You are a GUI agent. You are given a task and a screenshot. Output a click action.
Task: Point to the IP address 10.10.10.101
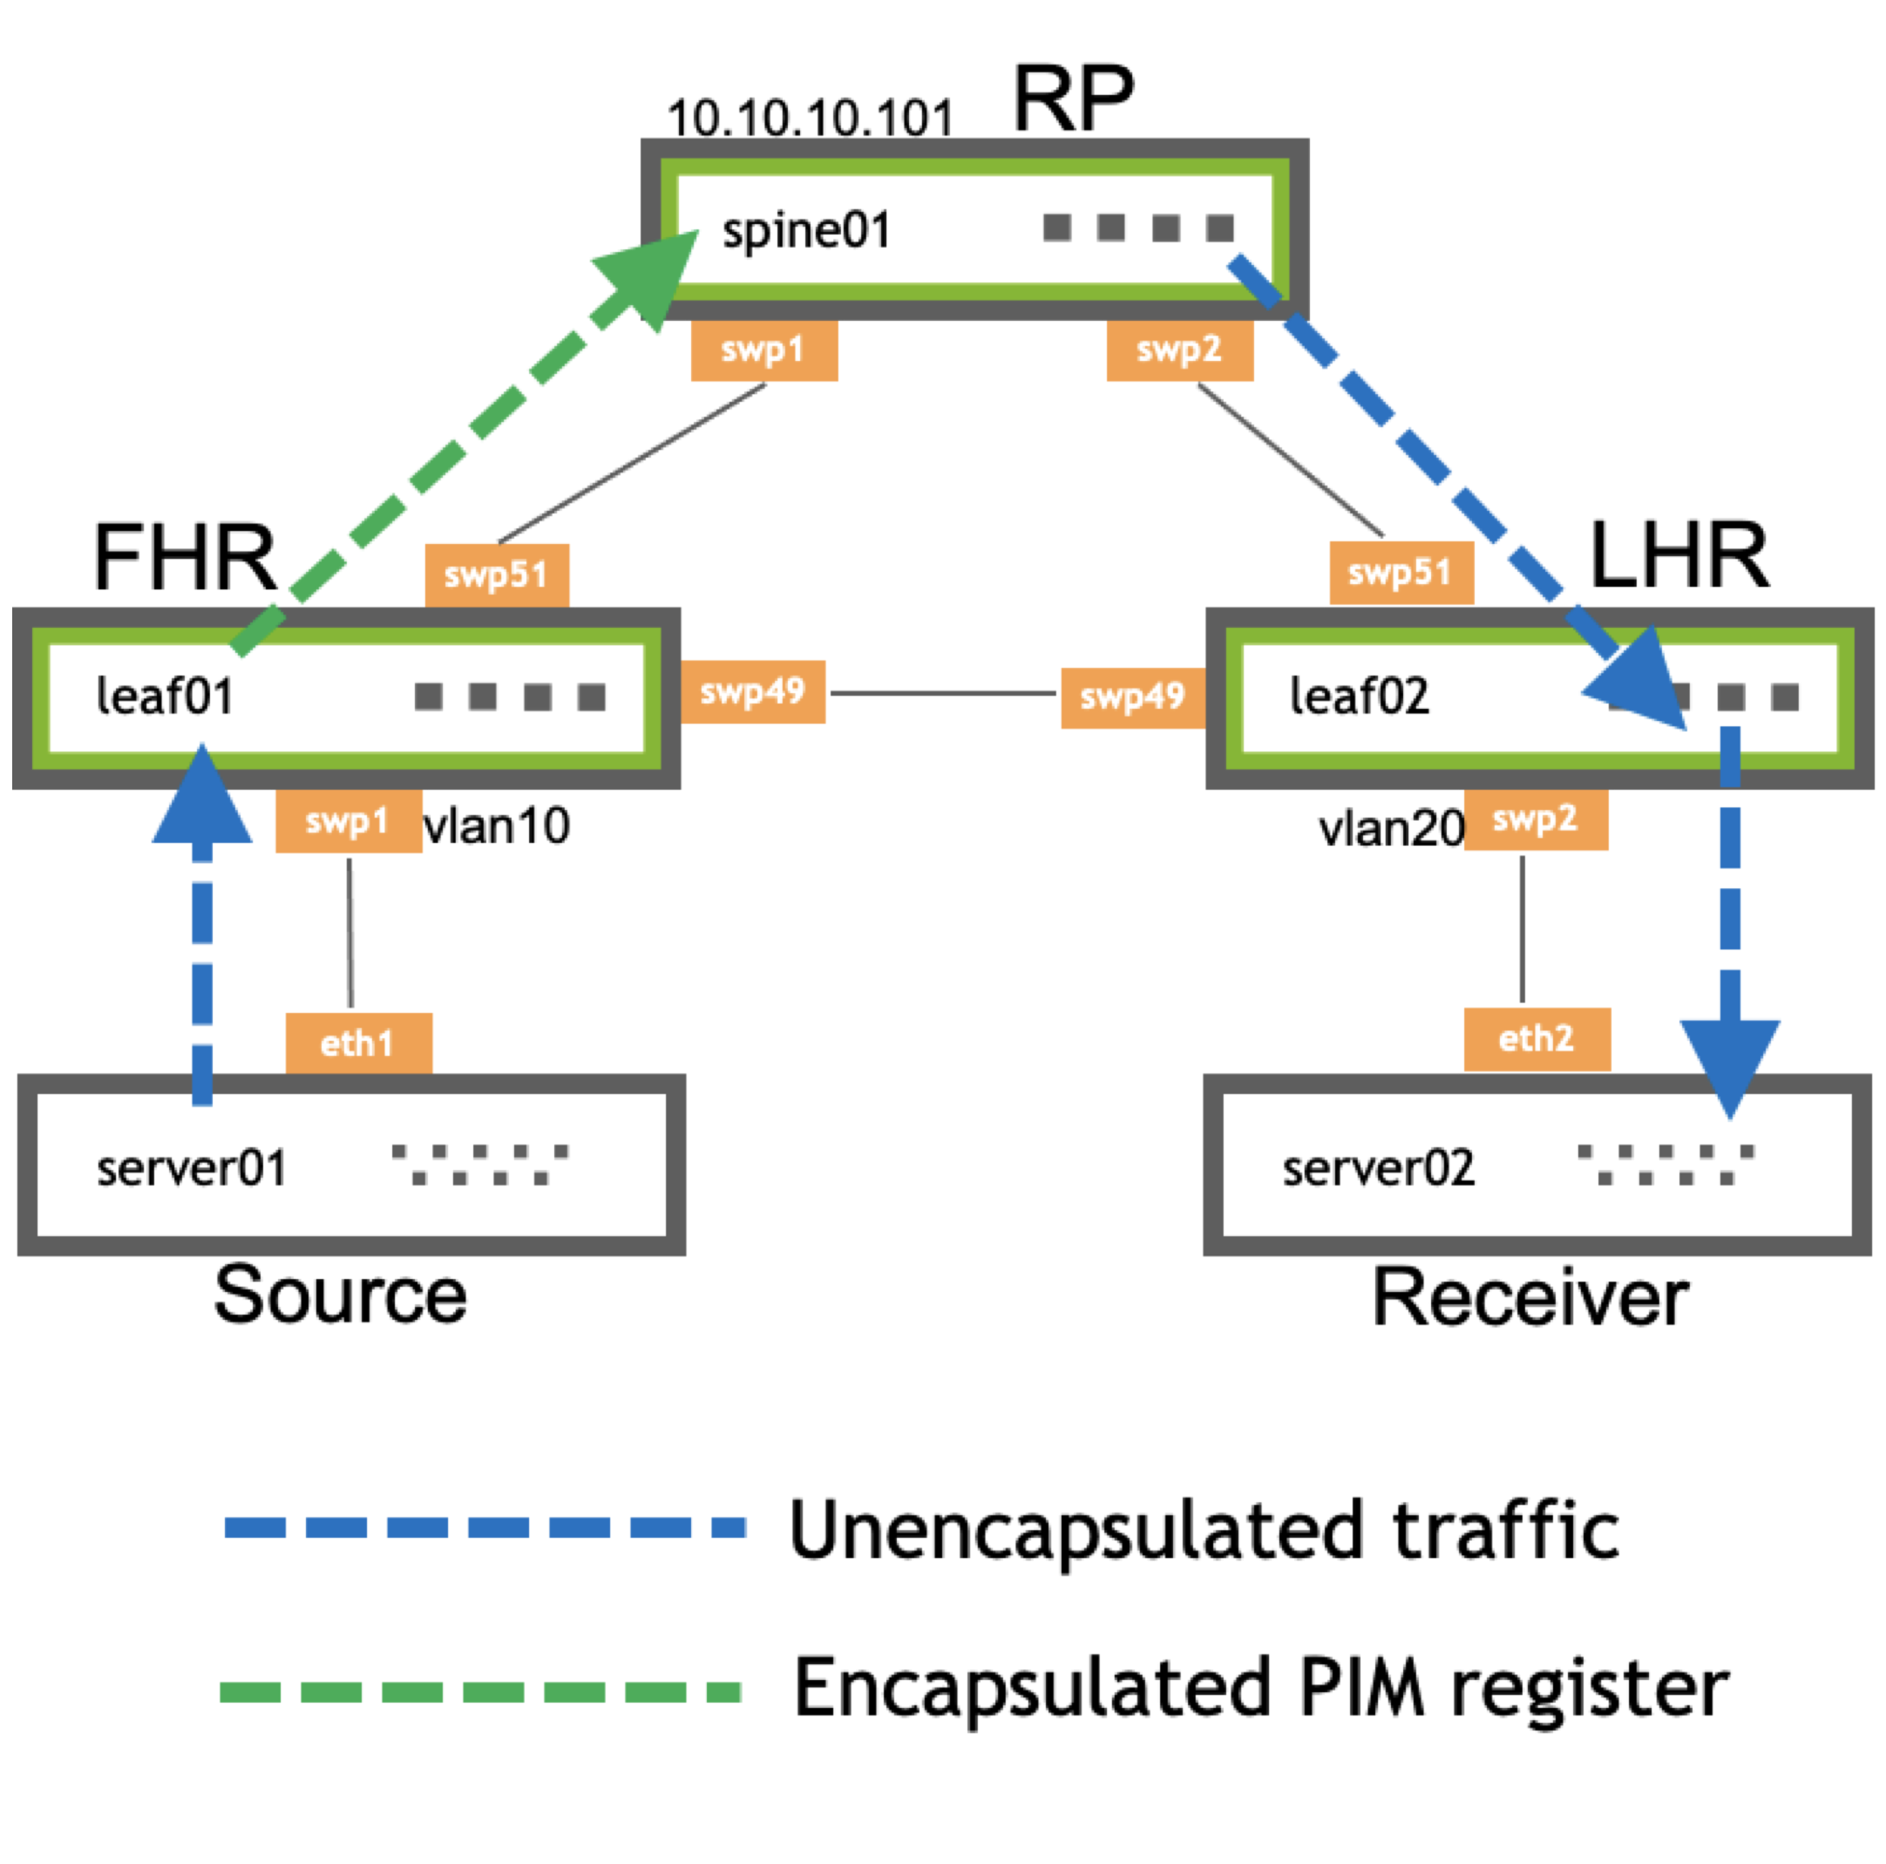(810, 119)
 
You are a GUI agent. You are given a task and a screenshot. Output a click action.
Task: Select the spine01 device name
(806, 231)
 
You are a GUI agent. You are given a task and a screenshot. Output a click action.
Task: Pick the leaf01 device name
(165, 697)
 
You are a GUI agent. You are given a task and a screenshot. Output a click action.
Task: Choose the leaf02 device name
(1359, 697)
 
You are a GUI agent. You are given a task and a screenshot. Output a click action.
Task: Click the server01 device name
(192, 1169)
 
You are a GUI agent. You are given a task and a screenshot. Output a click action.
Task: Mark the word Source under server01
(340, 1296)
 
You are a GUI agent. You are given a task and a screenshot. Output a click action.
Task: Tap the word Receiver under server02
(1530, 1299)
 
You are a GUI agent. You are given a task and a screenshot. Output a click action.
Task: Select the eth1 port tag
(358, 1044)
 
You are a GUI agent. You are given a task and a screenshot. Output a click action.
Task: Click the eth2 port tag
(1537, 1039)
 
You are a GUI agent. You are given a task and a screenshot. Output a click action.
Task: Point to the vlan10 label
(497, 826)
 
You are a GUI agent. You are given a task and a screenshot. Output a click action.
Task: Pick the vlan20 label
(1391, 829)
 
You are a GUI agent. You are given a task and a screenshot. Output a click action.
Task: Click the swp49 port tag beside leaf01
(753, 692)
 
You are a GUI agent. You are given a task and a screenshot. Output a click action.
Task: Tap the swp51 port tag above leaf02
(1401, 572)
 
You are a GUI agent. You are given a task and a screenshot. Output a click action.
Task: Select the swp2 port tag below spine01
(1179, 350)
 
